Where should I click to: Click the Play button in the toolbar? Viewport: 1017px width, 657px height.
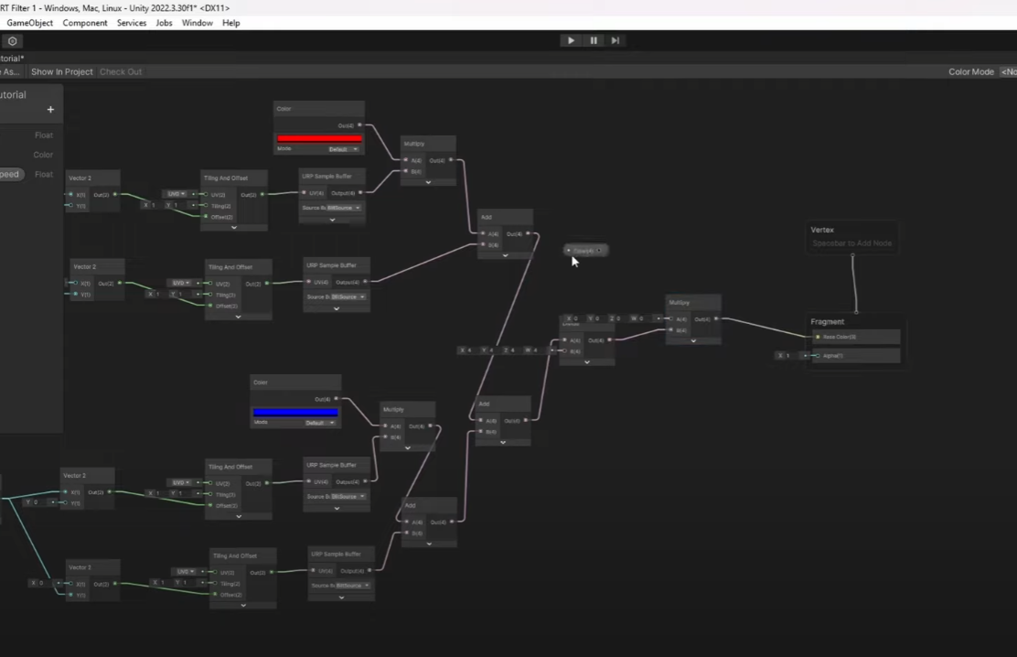(x=572, y=40)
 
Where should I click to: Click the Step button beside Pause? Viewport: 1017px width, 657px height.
(x=616, y=40)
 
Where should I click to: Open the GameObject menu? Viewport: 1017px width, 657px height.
(x=30, y=23)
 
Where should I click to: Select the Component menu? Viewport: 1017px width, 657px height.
(x=85, y=23)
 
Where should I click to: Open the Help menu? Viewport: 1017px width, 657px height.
(x=231, y=23)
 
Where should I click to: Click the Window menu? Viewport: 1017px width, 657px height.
(x=198, y=23)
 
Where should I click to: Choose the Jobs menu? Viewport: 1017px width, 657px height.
(x=165, y=23)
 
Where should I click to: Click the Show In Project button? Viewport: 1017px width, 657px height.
(x=62, y=71)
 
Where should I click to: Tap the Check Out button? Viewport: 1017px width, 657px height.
(x=121, y=71)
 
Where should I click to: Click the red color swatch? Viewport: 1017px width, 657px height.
(x=319, y=138)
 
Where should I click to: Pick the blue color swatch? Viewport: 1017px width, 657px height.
(x=295, y=413)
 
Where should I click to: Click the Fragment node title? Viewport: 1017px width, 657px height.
(x=828, y=322)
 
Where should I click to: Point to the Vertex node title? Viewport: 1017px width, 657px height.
(x=822, y=230)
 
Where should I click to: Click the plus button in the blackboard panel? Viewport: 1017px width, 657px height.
(x=50, y=110)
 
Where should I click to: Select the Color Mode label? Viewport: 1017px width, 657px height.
(x=970, y=71)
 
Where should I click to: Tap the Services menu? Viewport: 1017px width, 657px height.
(x=132, y=23)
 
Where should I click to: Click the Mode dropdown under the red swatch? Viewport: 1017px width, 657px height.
(x=344, y=148)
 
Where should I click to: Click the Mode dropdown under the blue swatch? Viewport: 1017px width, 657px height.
(x=321, y=423)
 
